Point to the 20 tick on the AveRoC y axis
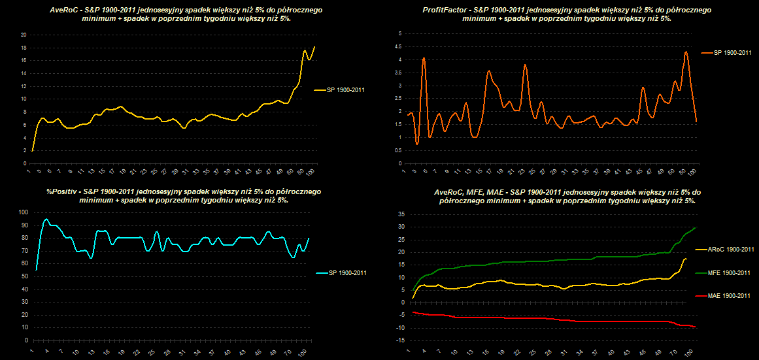coord(23,35)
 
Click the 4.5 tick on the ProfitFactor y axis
coord(399,46)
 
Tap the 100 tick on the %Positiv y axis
coord(24,212)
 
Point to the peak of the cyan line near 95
coord(46,220)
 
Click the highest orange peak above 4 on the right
coord(686,52)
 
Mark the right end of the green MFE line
coord(694,227)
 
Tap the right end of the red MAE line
coord(694,327)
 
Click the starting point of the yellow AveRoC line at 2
coord(32,151)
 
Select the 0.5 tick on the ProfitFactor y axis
coord(399,150)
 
